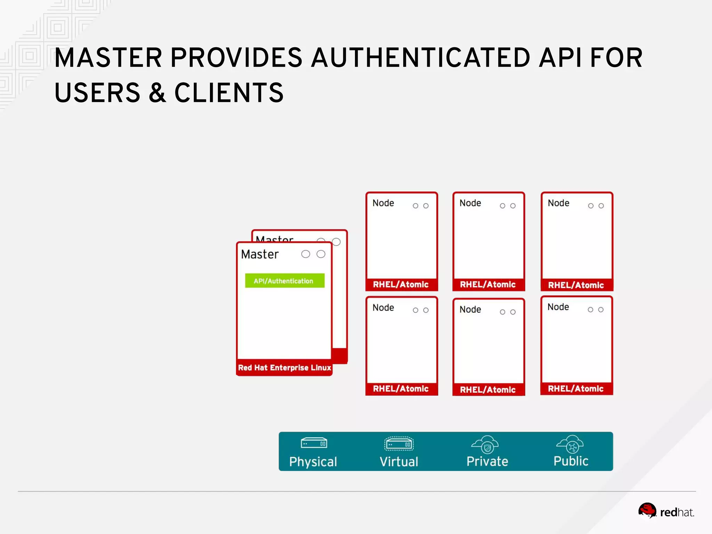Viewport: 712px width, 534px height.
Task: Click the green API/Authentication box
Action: tap(284, 281)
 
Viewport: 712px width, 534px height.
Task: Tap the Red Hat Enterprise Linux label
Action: tap(284, 367)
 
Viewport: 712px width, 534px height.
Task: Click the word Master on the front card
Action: tap(260, 254)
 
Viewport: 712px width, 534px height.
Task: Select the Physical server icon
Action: tap(314, 443)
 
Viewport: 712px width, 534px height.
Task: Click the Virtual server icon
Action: tap(399, 444)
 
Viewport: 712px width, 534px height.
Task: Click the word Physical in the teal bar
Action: tap(313, 462)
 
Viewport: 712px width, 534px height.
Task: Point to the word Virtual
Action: tap(399, 462)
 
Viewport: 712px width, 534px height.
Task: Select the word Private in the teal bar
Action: tap(487, 461)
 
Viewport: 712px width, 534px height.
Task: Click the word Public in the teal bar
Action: tap(571, 461)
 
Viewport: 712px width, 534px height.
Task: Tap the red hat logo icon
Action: tap(647, 510)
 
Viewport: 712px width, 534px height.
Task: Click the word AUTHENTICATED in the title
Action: tap(420, 58)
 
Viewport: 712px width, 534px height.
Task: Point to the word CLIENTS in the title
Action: tap(229, 93)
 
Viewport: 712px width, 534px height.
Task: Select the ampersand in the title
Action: tap(157, 93)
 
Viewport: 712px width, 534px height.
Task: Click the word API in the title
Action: tap(560, 58)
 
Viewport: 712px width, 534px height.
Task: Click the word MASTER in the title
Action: tap(108, 58)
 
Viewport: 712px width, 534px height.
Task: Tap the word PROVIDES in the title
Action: tap(236, 58)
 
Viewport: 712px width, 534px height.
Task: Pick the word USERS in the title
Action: tap(97, 93)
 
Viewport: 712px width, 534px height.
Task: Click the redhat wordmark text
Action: tap(677, 512)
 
